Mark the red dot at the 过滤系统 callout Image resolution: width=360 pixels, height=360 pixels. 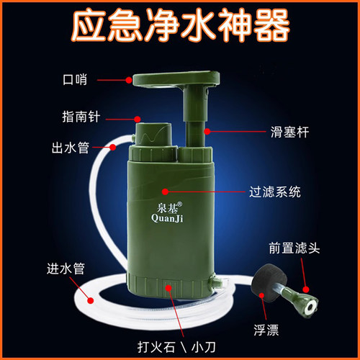pyautogui.click(x=165, y=192)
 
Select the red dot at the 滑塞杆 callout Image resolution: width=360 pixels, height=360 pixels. pyautogui.click(x=206, y=132)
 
